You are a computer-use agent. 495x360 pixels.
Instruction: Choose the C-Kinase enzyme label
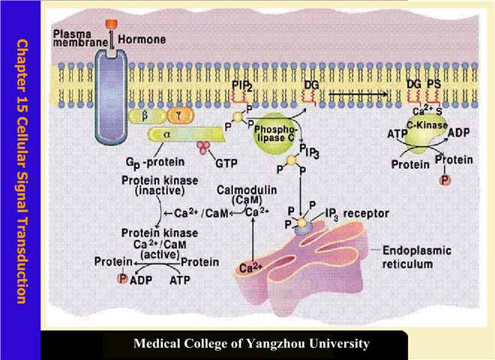423,124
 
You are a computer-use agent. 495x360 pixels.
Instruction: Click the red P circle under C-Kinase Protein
445,181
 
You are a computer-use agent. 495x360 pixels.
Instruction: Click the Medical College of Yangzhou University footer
251,344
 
